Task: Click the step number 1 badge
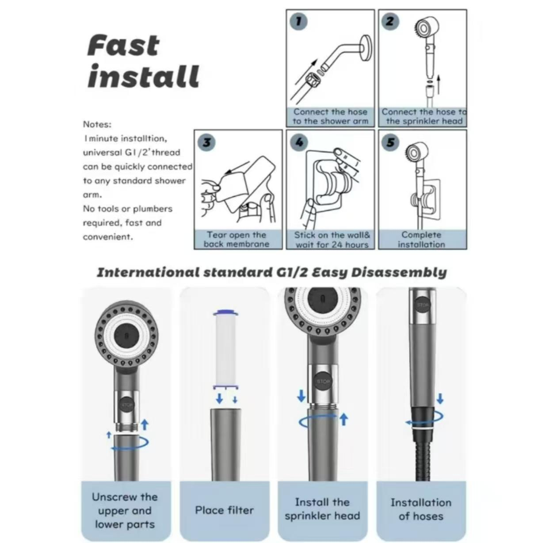pos(299,22)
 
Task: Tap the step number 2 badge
pos(390,21)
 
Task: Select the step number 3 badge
pos(207,142)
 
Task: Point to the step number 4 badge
pos(299,142)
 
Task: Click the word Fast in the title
pos(123,46)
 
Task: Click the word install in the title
pos(143,76)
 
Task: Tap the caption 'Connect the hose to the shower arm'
pos(330,117)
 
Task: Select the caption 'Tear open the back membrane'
pos(237,239)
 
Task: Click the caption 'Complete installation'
pos(422,239)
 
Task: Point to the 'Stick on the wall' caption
pos(332,239)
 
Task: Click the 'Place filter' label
pos(225,510)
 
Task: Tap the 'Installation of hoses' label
pos(421,509)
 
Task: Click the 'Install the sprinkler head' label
pos(322,509)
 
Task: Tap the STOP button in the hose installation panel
pos(423,305)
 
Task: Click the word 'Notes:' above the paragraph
pos(97,124)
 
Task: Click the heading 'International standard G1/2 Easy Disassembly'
pos(272,272)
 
